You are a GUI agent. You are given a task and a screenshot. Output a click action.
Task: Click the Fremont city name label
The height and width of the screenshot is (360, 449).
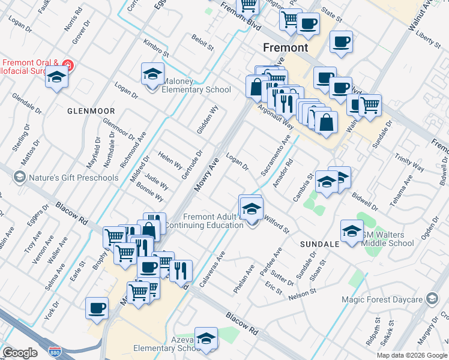[x=286, y=47]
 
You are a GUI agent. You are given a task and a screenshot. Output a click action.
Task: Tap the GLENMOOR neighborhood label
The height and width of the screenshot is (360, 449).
[x=91, y=111]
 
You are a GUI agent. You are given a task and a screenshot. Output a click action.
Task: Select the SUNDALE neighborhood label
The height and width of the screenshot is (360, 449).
[x=319, y=245]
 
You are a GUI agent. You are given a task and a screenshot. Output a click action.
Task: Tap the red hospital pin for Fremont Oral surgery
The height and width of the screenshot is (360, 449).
[x=68, y=65]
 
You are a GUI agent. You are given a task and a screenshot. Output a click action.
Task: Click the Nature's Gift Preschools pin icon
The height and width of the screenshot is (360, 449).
[x=19, y=177]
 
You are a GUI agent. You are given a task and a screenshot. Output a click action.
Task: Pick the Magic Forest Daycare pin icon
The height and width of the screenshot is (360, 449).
[x=432, y=299]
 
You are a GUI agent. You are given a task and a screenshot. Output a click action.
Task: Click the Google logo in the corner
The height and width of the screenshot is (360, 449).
[x=20, y=353]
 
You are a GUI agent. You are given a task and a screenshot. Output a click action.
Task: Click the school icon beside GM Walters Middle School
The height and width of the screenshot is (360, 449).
[x=352, y=230]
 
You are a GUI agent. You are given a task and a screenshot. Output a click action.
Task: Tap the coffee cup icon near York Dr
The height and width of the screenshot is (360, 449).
[x=97, y=308]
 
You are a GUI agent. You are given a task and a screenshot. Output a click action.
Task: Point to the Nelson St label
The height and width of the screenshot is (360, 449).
[x=301, y=293]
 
